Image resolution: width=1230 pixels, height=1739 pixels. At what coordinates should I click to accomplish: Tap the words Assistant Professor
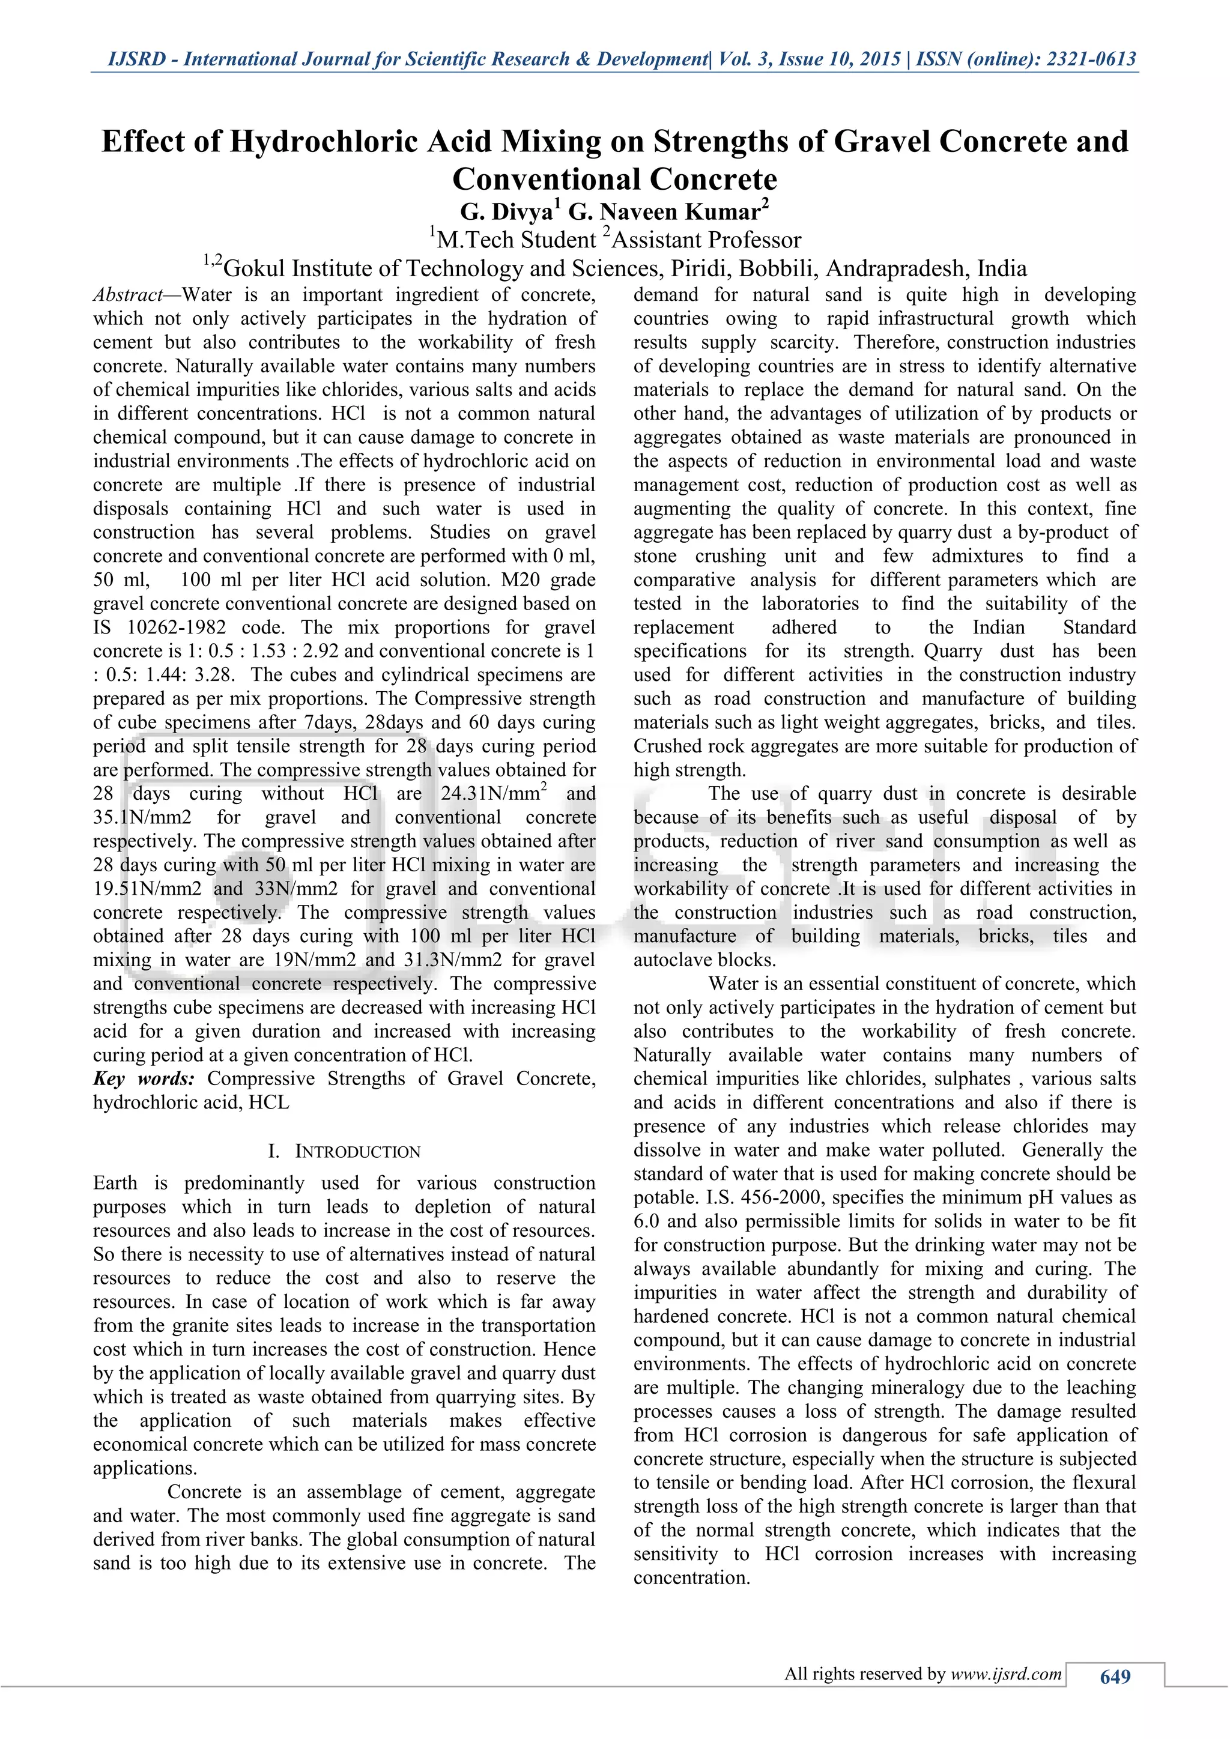[x=706, y=240]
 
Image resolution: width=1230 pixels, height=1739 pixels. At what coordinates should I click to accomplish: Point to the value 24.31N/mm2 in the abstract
[x=494, y=794]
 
